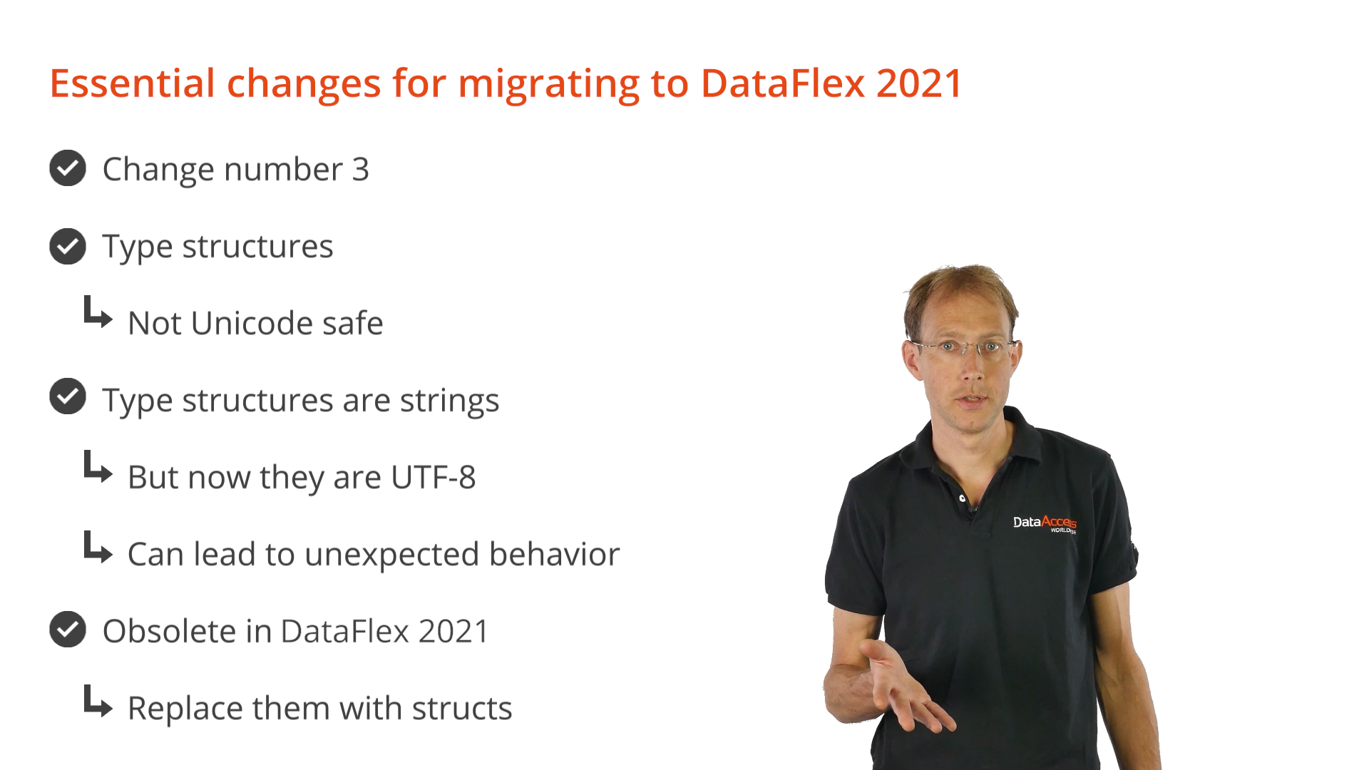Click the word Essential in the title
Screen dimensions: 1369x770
133,83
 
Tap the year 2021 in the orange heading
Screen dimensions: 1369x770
920,83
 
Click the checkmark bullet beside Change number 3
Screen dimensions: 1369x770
68,168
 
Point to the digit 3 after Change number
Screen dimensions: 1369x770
361,170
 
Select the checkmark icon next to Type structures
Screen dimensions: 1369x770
68,247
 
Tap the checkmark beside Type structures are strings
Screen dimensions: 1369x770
68,396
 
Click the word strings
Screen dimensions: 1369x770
449,401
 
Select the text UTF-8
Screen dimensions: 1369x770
433,477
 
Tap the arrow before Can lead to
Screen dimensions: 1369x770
98,547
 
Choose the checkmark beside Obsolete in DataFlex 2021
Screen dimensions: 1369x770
68,630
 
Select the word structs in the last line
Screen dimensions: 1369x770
461,708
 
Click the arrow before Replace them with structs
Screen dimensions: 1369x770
98,702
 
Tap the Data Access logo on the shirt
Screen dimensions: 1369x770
1045,523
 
